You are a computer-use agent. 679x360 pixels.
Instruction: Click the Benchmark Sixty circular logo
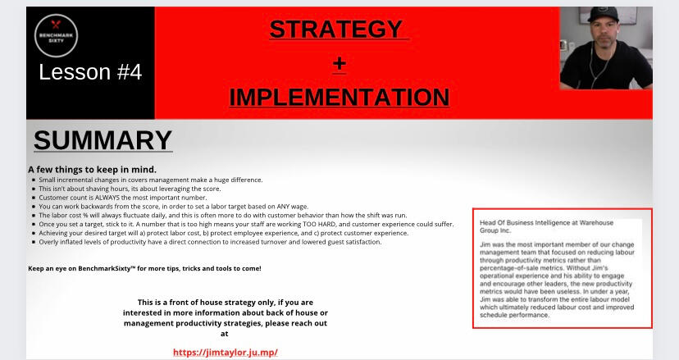pyautogui.click(x=56, y=36)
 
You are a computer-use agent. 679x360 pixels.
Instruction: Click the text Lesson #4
pyautogui.click(x=90, y=72)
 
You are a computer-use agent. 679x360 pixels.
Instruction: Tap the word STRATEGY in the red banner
pyautogui.click(x=336, y=29)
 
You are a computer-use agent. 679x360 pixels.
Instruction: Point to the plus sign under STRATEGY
pyautogui.click(x=339, y=64)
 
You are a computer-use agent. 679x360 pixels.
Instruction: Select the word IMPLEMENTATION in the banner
pyautogui.click(x=339, y=97)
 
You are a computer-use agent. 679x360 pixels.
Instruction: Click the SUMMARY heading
pyautogui.click(x=103, y=140)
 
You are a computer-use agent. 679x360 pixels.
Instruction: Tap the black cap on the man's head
pyautogui.click(x=603, y=14)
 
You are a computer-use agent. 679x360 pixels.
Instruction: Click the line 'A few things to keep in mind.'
pyautogui.click(x=92, y=170)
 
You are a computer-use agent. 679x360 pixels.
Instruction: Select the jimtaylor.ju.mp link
pyautogui.click(x=226, y=352)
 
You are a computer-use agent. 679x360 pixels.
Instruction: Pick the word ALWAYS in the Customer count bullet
pyautogui.click(x=107, y=198)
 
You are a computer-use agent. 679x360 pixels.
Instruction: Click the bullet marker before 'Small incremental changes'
pyautogui.click(x=34, y=180)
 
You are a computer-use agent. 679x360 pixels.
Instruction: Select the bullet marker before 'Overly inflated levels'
pyautogui.click(x=34, y=242)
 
